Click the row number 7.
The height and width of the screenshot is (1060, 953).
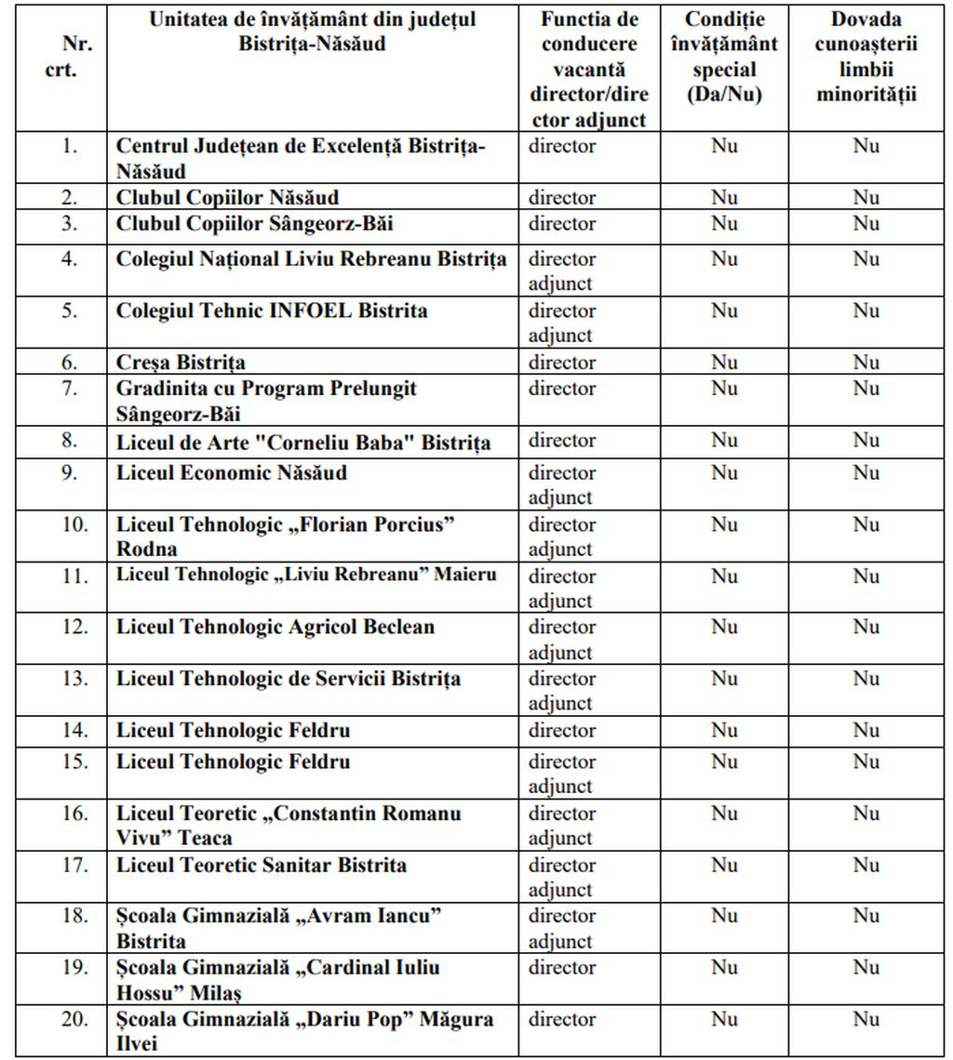coord(70,389)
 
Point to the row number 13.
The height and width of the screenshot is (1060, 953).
coord(74,679)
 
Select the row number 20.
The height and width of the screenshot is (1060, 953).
coord(74,1019)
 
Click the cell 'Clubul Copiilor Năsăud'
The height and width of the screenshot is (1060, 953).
coord(227,198)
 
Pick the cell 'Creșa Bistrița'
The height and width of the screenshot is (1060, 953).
coord(181,363)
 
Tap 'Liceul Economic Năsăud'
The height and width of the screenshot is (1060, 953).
coord(231,473)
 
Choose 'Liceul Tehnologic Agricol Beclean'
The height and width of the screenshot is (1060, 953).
coord(275,628)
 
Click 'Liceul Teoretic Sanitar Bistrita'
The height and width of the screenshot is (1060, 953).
coord(261,866)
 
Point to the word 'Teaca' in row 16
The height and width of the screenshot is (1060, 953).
coord(205,838)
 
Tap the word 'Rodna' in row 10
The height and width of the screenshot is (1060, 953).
coord(146,549)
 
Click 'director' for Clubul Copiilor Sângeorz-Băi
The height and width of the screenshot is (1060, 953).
coord(562,224)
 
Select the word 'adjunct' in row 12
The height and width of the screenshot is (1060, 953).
coord(560,653)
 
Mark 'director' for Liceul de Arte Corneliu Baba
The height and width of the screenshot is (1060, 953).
coord(562,441)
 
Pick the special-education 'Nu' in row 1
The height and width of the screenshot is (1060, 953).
coord(723,146)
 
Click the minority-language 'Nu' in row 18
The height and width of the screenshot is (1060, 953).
coord(866,917)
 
